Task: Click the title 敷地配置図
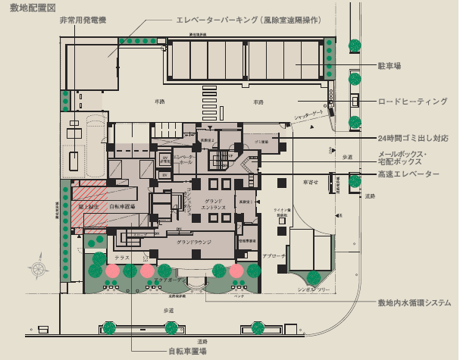[28, 8]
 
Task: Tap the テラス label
[123, 258]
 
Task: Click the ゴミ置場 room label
[262, 142]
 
